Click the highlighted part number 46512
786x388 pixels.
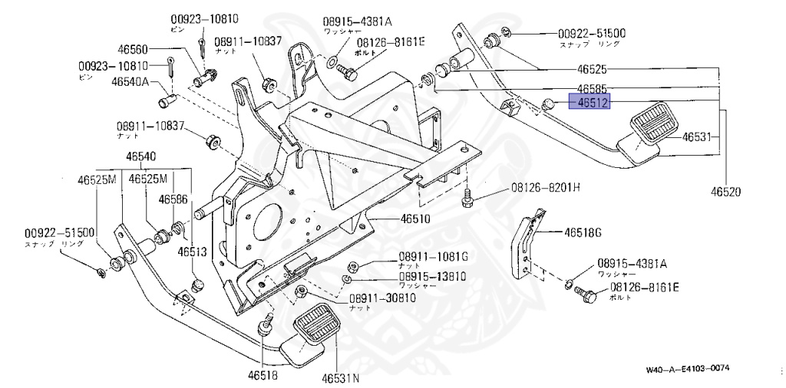point(588,102)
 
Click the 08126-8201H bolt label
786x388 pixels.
point(546,188)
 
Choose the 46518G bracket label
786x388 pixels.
point(583,232)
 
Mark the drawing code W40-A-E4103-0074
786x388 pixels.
point(688,369)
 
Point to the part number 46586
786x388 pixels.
point(173,199)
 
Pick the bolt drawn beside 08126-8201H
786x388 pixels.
point(467,199)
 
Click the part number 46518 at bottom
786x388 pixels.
point(263,376)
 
